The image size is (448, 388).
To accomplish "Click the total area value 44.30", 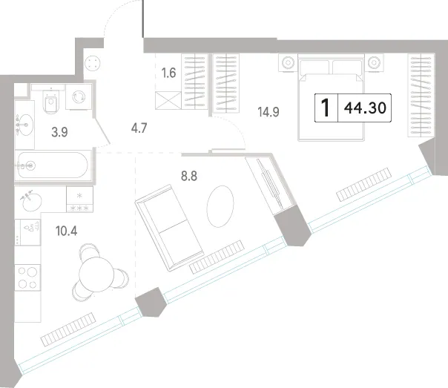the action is tap(365, 108).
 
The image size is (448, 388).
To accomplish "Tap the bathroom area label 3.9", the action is tap(59, 132).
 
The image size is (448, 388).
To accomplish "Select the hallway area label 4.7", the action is tap(139, 128).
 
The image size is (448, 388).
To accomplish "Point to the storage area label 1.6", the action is tap(168, 73).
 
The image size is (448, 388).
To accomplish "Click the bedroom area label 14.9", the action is tap(269, 112).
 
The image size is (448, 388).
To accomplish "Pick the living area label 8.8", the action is tap(189, 176).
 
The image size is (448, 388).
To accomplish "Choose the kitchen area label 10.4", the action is tap(66, 231).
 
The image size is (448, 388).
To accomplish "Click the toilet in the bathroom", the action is tap(51, 101).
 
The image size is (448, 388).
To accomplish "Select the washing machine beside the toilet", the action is tap(79, 97).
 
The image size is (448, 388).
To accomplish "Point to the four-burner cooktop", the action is tap(27, 277).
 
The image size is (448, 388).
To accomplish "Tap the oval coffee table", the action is tap(220, 206).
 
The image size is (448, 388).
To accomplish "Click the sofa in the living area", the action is tap(169, 228).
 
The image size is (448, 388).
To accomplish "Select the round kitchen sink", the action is tap(31, 202).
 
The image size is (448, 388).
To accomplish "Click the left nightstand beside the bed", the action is tap(288, 62).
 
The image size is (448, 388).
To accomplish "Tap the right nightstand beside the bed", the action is tap(374, 62).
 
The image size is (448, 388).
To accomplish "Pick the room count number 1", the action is tap(326, 108).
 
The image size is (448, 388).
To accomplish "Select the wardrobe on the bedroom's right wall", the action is tap(421, 95).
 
